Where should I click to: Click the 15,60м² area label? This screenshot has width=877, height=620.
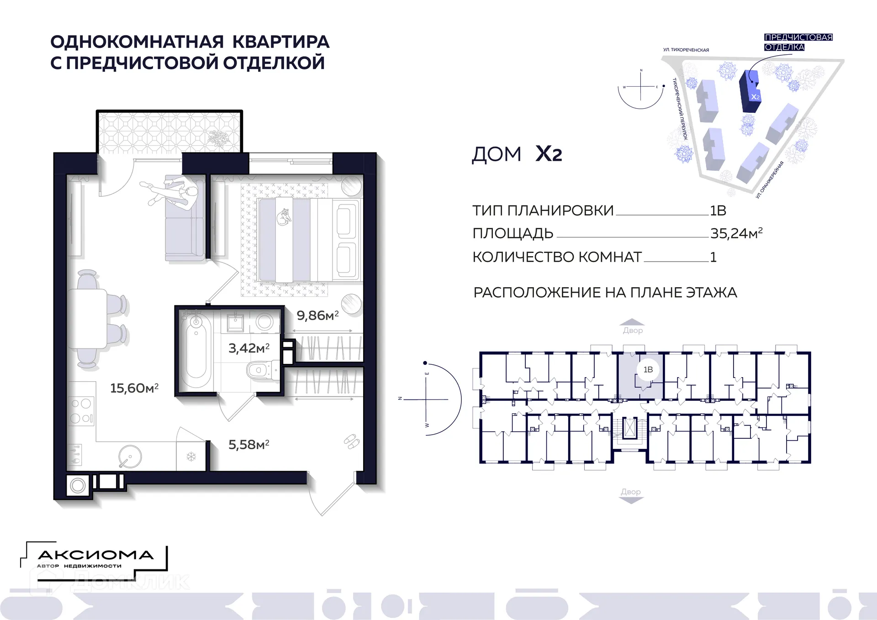click(x=134, y=388)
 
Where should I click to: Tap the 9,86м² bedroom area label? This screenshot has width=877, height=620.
click(x=317, y=315)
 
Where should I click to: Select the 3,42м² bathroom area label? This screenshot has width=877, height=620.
click(x=249, y=348)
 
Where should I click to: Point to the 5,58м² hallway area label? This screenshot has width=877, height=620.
click(x=249, y=445)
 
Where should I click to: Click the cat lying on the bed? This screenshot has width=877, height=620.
click(x=284, y=217)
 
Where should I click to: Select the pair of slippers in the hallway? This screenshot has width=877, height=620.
click(x=352, y=441)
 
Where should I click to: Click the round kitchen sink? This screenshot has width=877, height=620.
click(x=130, y=457)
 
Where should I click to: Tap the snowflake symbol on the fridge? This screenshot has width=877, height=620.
click(x=191, y=457)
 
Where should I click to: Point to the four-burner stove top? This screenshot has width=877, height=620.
click(x=81, y=410)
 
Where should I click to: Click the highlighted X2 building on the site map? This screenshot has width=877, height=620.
click(x=750, y=91)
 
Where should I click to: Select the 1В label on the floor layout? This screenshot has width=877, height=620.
click(x=648, y=369)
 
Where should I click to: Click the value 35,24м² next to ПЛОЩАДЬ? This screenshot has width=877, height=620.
click(x=736, y=233)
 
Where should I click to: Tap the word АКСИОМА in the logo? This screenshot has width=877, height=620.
click(x=95, y=555)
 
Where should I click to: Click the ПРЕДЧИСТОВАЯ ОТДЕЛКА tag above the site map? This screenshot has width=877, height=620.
click(x=798, y=42)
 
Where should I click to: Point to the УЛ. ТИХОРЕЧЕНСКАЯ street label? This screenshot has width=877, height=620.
click(x=686, y=50)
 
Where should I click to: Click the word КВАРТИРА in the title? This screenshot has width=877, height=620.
click(x=280, y=42)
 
